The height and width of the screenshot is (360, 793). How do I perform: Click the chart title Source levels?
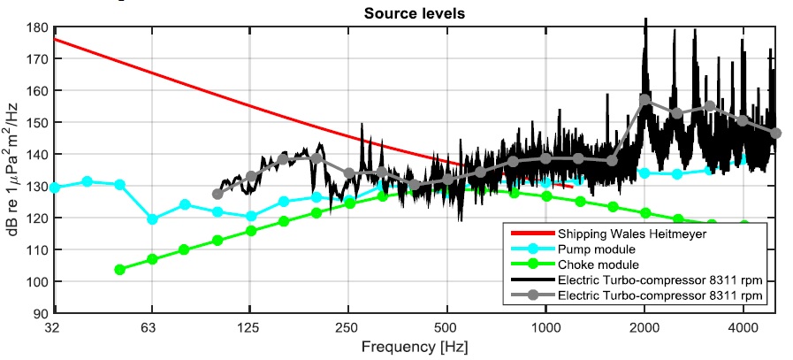click(x=416, y=14)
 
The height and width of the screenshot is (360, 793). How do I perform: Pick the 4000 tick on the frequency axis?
click(x=743, y=326)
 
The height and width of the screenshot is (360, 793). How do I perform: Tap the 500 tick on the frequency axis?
click(x=446, y=326)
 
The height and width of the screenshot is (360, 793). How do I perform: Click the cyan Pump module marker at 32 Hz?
click(x=55, y=188)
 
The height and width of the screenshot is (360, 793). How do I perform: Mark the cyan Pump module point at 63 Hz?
click(x=152, y=219)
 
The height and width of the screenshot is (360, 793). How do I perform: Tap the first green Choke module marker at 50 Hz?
click(x=119, y=270)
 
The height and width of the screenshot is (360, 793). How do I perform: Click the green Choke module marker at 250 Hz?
click(x=349, y=203)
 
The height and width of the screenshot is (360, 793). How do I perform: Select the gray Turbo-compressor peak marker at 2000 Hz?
click(x=644, y=100)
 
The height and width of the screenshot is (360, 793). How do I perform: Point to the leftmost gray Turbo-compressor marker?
click(x=217, y=194)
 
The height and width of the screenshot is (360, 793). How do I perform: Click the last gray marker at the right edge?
click(x=775, y=134)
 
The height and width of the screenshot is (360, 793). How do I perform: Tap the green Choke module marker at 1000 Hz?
click(x=545, y=196)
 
